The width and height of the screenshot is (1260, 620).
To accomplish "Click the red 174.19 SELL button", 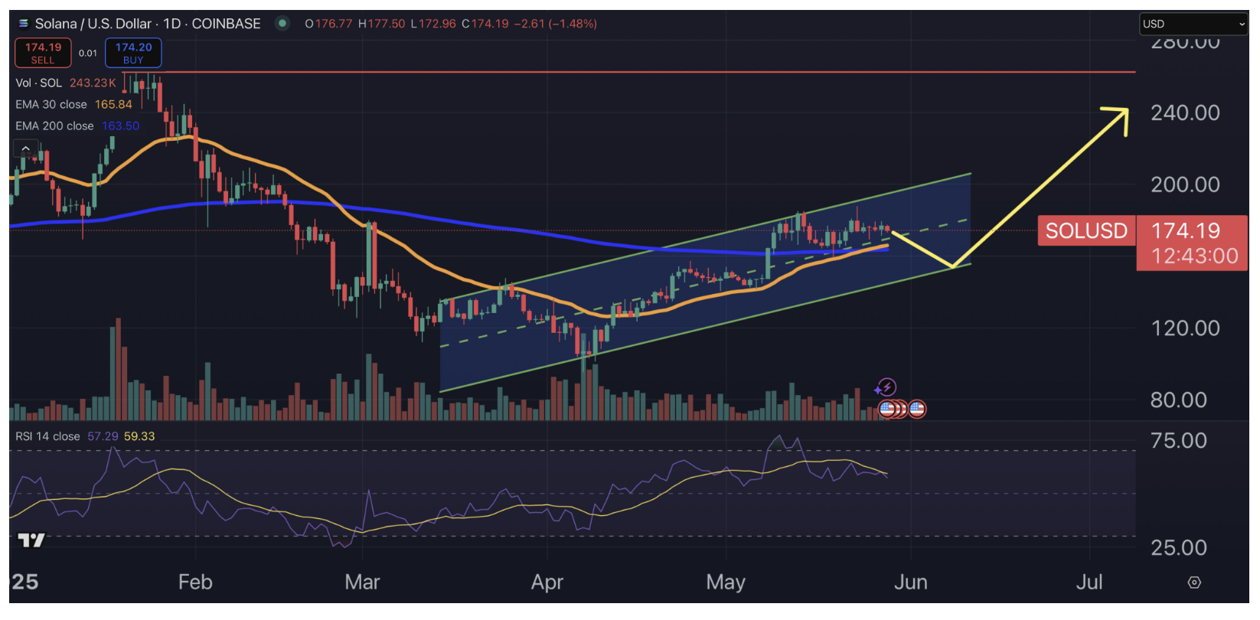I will (43, 53).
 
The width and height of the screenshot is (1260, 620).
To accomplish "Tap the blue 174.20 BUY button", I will (133, 53).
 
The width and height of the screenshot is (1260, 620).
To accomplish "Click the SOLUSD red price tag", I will (1085, 230).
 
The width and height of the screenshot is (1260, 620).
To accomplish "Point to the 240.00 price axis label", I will (1185, 113).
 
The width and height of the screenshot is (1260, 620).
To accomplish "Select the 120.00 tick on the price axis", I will (1185, 328).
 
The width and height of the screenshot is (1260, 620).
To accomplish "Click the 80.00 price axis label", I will (1178, 400).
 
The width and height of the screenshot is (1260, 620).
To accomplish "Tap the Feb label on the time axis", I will (195, 582).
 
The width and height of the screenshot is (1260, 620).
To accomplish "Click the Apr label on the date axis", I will (547, 582).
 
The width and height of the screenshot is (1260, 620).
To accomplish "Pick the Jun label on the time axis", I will (910, 582).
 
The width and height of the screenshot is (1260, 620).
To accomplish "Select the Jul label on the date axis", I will (1089, 582).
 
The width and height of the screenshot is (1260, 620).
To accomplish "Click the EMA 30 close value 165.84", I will (113, 104).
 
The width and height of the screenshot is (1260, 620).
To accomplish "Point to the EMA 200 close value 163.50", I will (120, 126).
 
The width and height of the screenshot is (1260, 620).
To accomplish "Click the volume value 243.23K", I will (93, 83).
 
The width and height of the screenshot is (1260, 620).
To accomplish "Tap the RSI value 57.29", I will (103, 436).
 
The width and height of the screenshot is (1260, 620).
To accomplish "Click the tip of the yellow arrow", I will (1126, 110).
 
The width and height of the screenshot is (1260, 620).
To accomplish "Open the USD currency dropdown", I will (1193, 24).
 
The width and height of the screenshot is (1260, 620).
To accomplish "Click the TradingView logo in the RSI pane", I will (31, 540).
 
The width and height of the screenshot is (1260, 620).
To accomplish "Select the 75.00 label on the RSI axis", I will (1178, 441).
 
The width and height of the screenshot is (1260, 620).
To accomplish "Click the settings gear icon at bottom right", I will (1193, 582).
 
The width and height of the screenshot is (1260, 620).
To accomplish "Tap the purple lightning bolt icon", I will (886, 387).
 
